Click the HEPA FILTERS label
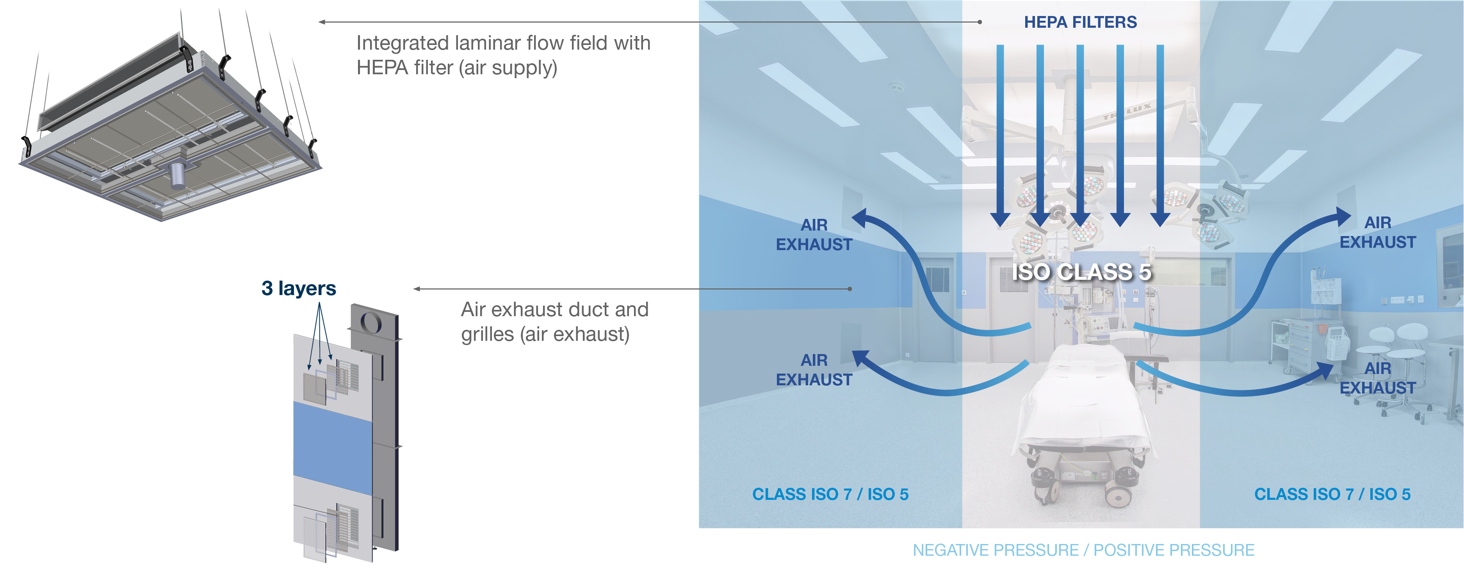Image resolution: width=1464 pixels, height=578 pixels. pos(1080,22)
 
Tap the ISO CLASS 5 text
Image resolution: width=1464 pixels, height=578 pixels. pos(1081,272)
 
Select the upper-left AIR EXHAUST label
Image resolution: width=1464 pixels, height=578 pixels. pos(814,234)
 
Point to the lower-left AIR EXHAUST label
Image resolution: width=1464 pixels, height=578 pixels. pos(814,370)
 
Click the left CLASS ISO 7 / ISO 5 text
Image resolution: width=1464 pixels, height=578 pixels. pos(830,494)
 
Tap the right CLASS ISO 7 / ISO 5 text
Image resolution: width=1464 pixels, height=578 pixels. pos(1332,494)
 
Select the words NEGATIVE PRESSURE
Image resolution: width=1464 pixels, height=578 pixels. pos(995,550)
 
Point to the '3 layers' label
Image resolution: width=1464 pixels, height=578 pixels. pos(298,288)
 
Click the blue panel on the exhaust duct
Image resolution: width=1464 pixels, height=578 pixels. pos(333,448)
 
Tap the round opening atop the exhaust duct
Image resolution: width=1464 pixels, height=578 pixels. pos(370,322)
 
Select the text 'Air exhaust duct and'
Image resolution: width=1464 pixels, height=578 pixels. pos(554,310)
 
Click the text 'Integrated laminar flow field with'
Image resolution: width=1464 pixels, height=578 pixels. pos(503,43)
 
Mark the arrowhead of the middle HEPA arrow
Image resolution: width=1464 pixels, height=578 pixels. pos(1080,219)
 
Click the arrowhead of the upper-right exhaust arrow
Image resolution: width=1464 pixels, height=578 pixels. pos(1342,217)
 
